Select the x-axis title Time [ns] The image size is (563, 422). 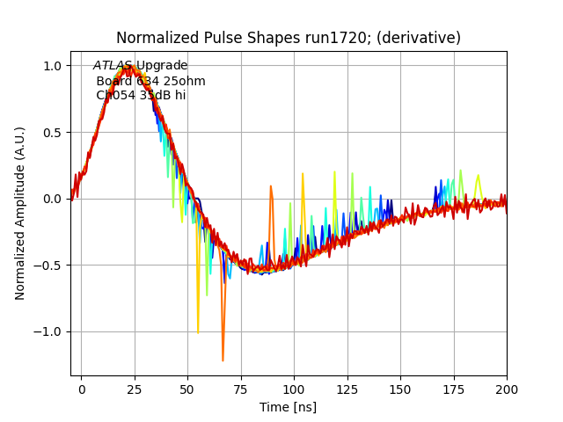[x=288, y=407]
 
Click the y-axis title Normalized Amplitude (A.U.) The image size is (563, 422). [x=20, y=213]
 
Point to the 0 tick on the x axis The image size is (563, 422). [x=82, y=388]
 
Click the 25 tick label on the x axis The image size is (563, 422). [x=135, y=388]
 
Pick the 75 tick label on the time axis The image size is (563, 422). [x=241, y=388]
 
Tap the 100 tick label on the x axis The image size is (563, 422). [x=294, y=388]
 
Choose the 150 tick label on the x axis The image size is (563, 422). [x=400, y=388]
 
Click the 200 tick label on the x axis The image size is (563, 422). [x=507, y=388]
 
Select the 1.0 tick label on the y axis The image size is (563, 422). [x=52, y=66]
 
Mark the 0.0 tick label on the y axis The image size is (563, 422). [x=52, y=199]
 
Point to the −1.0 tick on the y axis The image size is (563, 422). [x=48, y=331]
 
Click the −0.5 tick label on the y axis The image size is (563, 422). [x=48, y=266]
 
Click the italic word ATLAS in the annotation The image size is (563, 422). [x=113, y=66]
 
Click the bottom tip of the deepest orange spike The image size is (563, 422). [x=223, y=360]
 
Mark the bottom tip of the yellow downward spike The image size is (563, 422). [x=198, y=333]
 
